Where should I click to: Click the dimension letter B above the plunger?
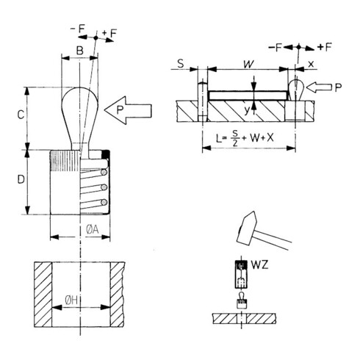pos(80,51)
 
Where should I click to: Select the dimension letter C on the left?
pos(21,115)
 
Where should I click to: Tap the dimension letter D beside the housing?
pos(21,179)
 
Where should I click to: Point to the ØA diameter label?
pos(93,229)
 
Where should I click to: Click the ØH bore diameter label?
pos(71,300)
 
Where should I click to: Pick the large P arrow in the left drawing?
pos(128,110)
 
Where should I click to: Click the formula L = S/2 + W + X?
pos(245,138)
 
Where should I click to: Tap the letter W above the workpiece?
pos(248,64)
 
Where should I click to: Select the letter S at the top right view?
pos(181,64)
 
